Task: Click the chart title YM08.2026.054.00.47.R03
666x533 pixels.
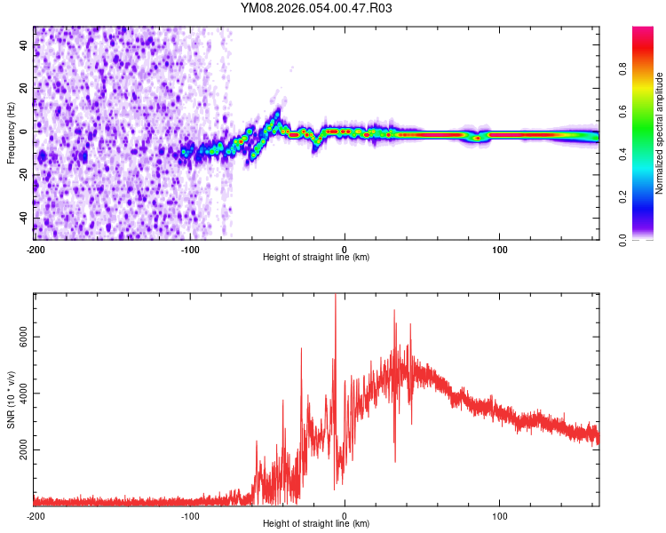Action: click(x=316, y=8)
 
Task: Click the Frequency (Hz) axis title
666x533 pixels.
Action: click(x=11, y=132)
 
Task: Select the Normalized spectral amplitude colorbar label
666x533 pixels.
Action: click(x=660, y=133)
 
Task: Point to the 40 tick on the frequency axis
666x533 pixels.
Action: click(x=24, y=44)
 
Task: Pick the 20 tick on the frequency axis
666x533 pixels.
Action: click(x=24, y=88)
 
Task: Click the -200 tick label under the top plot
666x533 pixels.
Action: click(x=35, y=248)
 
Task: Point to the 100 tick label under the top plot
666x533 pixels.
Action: click(x=499, y=248)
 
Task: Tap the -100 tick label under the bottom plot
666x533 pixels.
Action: click(x=189, y=515)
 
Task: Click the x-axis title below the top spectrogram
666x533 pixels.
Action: click(x=316, y=258)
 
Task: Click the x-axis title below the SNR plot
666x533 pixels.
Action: click(x=316, y=524)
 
